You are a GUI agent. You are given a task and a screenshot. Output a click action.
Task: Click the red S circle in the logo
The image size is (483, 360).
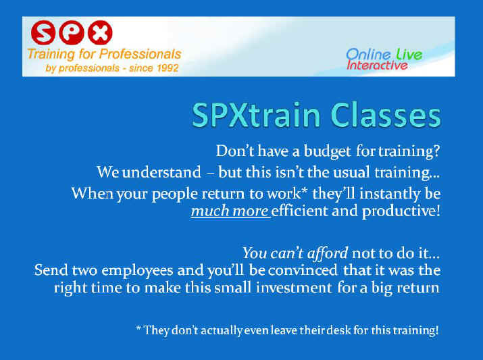tap(43, 32)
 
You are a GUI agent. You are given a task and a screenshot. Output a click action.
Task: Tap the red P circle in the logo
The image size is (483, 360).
tap(72, 32)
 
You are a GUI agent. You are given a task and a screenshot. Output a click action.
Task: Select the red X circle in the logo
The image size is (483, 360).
tap(100, 32)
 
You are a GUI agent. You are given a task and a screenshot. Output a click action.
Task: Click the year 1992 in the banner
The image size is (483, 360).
tap(166, 68)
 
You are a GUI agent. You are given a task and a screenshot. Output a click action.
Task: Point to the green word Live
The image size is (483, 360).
tap(409, 55)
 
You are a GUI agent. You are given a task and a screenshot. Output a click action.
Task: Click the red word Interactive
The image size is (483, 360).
tap(377, 66)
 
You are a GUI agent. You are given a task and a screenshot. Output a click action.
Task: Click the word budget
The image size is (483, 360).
tap(328, 151)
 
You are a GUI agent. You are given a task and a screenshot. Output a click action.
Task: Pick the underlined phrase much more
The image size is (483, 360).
tap(230, 211)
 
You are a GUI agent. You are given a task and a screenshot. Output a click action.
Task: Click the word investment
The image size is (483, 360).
tap(294, 288)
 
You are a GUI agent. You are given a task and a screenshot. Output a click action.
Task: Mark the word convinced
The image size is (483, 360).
tap(303, 270)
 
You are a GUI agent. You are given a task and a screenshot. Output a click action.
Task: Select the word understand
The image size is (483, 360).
tap(161, 172)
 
